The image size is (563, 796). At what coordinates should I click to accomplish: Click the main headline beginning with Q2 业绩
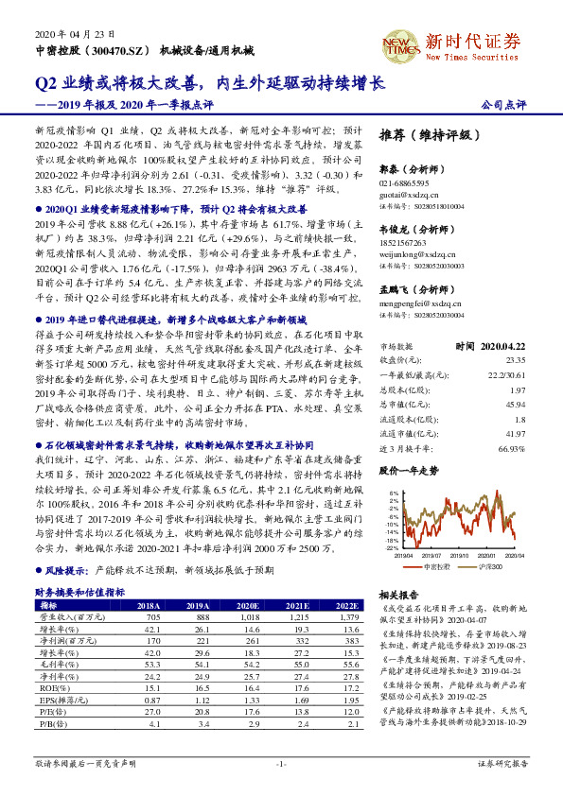pyautogui.click(x=209, y=83)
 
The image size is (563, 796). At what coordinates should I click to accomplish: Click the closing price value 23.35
pyautogui.click(x=515, y=359)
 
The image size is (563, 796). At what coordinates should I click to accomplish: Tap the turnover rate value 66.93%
pyautogui.click(x=511, y=448)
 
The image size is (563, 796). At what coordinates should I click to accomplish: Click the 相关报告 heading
pyautogui.click(x=398, y=595)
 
